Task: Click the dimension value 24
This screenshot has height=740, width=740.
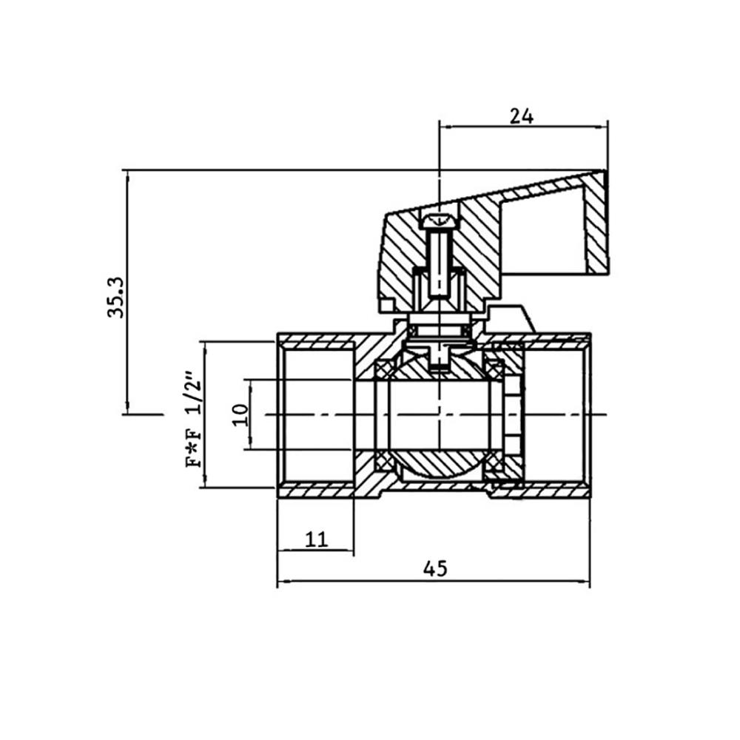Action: pos(522,116)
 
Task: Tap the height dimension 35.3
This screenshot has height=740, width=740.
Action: pos(116,297)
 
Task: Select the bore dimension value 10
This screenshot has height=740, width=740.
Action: pos(241,415)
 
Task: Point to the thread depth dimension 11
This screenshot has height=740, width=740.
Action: pos(316,539)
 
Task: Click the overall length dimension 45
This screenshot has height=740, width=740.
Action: pos(434,568)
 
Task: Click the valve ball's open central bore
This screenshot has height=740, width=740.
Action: pos(439,415)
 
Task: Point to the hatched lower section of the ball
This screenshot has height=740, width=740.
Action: pos(440,465)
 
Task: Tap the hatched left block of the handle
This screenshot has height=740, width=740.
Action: pos(400,264)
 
